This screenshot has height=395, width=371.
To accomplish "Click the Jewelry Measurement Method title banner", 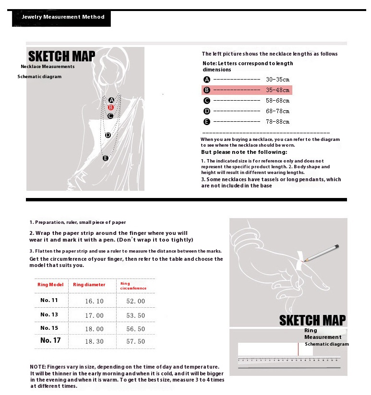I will point(62,17).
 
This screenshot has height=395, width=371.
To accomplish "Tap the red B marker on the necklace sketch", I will point(110,108).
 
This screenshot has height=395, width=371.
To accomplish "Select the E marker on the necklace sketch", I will point(106,158).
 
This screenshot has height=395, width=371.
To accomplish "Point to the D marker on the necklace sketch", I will point(108,135).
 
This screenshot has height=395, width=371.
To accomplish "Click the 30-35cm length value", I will point(277,80).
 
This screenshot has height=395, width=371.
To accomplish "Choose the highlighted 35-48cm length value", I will point(277,90).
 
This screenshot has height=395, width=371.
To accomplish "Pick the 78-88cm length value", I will point(277,122).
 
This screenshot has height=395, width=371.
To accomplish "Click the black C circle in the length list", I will point(207,101).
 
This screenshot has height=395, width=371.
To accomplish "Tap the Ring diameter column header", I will point(89,285).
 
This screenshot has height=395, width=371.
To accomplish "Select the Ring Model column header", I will point(50,285).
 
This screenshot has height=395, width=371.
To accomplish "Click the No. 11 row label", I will point(49,300).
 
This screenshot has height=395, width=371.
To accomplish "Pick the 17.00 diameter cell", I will point(94,315).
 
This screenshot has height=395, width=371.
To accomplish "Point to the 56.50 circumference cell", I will point(135,329).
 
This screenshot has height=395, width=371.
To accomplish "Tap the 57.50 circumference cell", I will point(135,341).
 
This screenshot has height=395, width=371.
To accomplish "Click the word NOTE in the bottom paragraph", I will point(37,367).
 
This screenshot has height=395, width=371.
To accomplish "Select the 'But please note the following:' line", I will point(244,152).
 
